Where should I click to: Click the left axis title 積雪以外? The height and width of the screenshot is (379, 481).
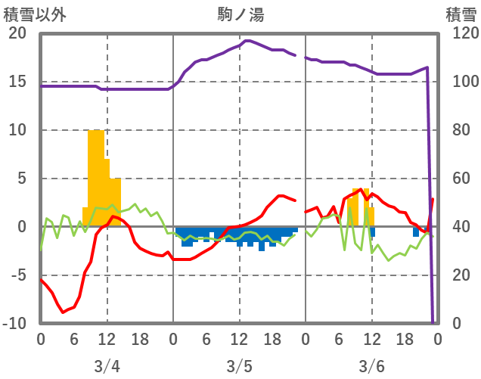point(31,13)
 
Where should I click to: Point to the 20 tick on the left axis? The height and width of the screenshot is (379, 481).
point(17,33)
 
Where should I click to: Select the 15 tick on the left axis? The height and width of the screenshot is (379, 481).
point(17,82)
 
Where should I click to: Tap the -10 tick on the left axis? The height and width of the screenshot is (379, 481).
point(14,324)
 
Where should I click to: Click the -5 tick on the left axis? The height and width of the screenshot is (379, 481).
point(17,275)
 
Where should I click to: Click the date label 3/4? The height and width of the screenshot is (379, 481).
point(107,366)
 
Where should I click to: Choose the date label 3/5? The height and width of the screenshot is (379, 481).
point(239,366)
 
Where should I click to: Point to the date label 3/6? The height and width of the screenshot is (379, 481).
point(371,366)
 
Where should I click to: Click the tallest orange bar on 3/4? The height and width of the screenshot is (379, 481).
point(96,178)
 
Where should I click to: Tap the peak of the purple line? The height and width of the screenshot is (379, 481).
point(247,40)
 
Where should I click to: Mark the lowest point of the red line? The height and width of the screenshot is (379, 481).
point(64,312)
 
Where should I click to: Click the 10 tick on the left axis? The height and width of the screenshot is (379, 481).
point(17,130)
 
